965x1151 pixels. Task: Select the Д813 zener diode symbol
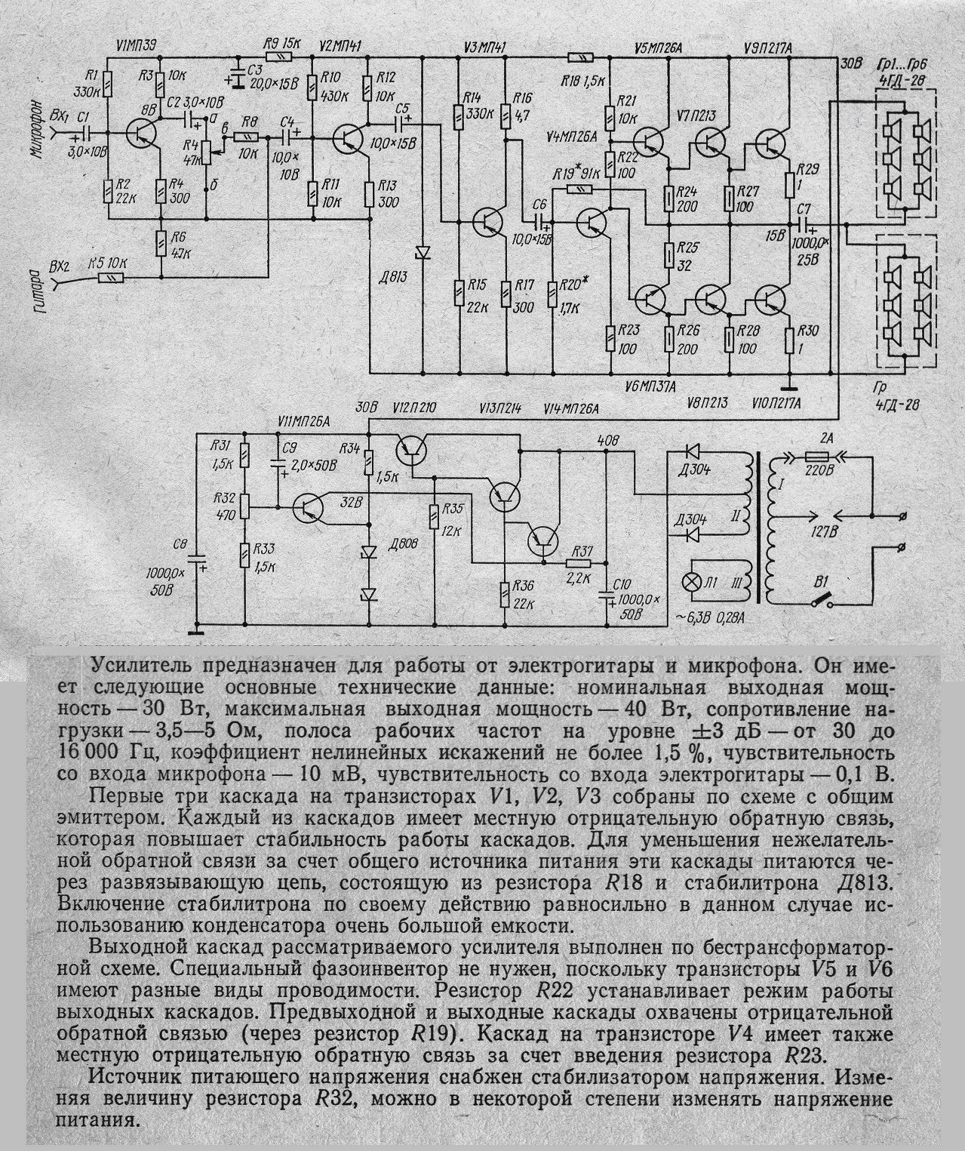coord(423,251)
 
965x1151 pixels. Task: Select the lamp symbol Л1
coord(688,582)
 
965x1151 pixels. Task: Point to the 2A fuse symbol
coord(817,456)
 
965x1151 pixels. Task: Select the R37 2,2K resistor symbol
coord(579,562)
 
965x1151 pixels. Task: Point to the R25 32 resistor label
coord(685,256)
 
